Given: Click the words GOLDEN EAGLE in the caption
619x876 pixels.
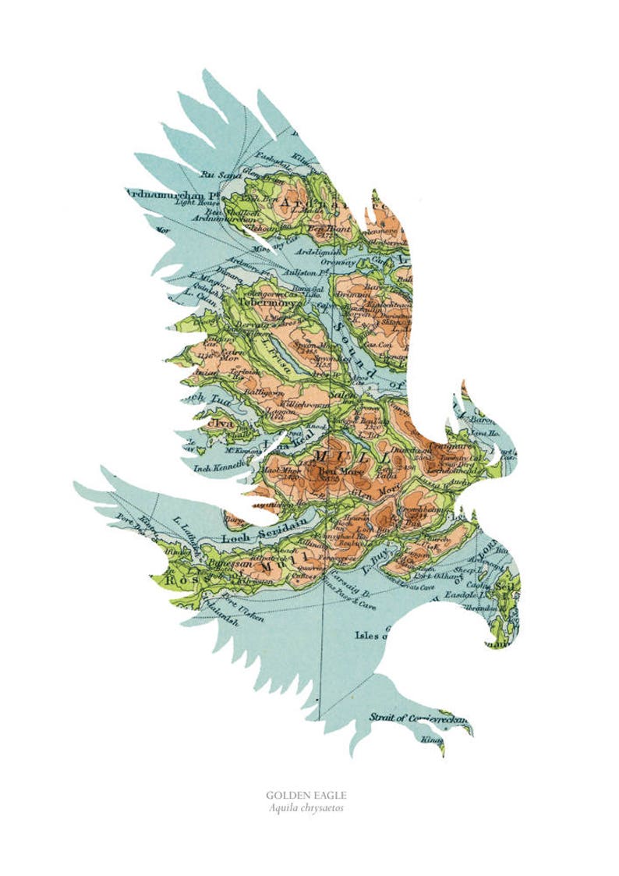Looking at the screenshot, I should (x=306, y=795).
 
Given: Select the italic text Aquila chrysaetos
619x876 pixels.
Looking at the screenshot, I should (x=306, y=807).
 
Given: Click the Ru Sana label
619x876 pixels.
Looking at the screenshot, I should (x=218, y=175).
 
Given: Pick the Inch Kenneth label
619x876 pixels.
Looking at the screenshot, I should (x=206, y=466).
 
